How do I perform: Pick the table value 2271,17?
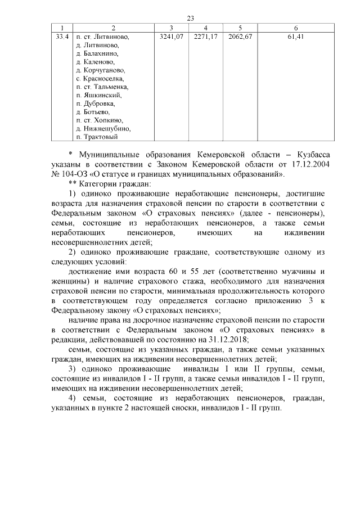(x=206, y=37)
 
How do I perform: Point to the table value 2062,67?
(x=240, y=37)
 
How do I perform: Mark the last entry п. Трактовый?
(x=96, y=137)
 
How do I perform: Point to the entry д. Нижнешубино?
(x=103, y=128)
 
